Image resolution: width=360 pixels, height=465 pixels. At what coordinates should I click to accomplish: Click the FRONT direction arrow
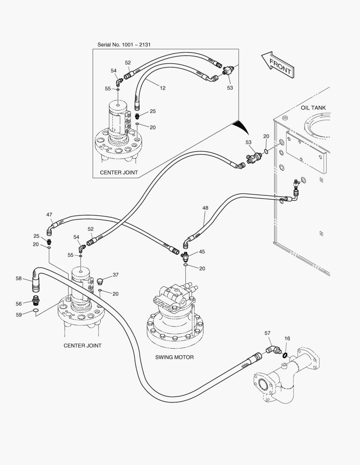278,65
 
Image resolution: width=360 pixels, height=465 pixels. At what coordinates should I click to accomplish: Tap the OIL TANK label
313,108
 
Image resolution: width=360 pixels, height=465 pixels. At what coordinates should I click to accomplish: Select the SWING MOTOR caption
174,357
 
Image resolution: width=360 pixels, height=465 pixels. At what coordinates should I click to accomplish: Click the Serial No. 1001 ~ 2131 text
124,44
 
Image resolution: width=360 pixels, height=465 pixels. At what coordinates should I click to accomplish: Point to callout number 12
162,88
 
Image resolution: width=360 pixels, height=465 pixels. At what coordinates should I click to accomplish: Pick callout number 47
50,214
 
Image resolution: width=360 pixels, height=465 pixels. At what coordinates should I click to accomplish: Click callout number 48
205,208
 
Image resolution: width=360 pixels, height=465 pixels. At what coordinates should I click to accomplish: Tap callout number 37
115,275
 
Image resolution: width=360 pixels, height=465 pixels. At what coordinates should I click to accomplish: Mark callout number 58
19,279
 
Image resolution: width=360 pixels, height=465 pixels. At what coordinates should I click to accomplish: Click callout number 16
287,338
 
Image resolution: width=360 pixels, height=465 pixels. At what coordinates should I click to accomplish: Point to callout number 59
19,315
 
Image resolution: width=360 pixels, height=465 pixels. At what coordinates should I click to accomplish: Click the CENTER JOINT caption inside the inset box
119,173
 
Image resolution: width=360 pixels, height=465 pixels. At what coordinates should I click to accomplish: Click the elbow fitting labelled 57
271,347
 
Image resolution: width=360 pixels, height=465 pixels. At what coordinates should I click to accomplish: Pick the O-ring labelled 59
36,311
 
